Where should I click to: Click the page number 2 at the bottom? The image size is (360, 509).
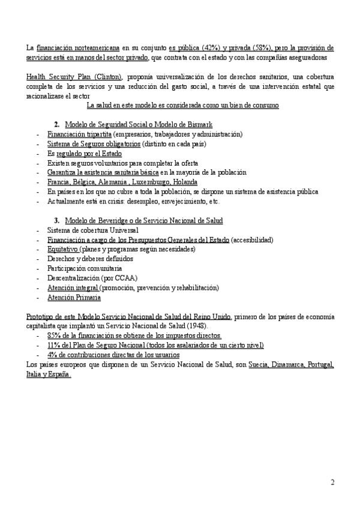[x=332, y=482]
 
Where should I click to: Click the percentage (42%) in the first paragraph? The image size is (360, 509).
[x=203, y=47]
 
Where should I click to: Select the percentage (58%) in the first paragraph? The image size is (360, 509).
[x=259, y=47]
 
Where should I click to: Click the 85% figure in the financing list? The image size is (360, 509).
[x=54, y=336]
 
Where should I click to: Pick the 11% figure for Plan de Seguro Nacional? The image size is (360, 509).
[x=54, y=345]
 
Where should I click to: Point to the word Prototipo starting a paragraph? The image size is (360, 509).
[x=40, y=316]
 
